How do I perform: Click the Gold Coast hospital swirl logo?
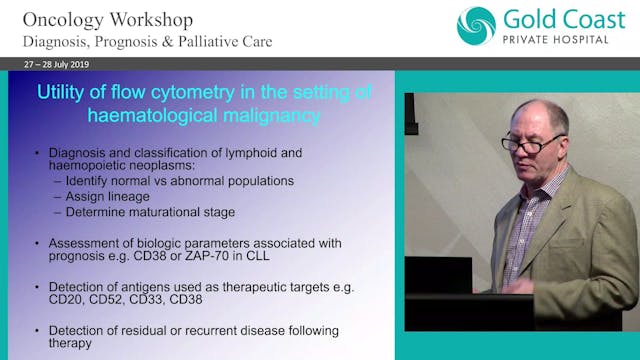[x=475, y=27]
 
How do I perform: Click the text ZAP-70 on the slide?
[x=246, y=256]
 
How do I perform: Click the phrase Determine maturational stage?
[x=136, y=211]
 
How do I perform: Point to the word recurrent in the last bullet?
[x=202, y=330]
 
